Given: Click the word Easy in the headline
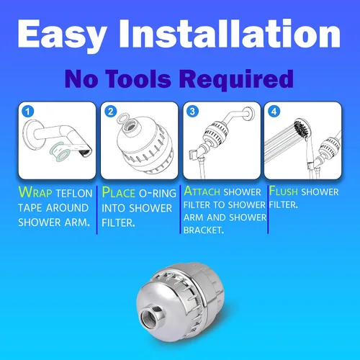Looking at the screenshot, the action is pyautogui.click(x=62, y=34).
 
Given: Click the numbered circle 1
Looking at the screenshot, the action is pyautogui.click(x=28, y=112).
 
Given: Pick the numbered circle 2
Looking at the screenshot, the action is pyautogui.click(x=111, y=112).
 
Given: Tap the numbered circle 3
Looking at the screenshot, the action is pyautogui.click(x=192, y=112).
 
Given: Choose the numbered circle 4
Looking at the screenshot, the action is pyautogui.click(x=274, y=112).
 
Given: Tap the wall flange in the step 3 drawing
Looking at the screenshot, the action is pyautogui.click(x=250, y=114).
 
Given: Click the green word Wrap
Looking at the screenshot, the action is pyautogui.click(x=35, y=192).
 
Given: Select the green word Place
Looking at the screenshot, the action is pyautogui.click(x=118, y=192).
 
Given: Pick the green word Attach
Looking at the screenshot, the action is pyautogui.click(x=202, y=192).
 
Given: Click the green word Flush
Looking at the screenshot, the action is pyautogui.click(x=284, y=191).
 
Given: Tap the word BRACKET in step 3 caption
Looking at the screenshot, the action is pyautogui.click(x=204, y=230).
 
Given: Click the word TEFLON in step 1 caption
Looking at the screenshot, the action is pyautogui.click(x=74, y=194).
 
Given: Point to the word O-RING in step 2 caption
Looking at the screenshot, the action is pyautogui.click(x=158, y=194).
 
